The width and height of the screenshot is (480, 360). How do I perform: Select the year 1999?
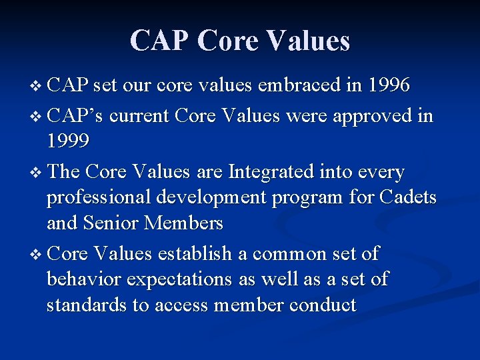pyautogui.click(x=68, y=142)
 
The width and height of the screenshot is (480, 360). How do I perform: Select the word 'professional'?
pyautogui.click(x=102, y=199)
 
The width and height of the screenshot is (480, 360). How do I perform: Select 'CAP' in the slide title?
pyautogui.click(x=160, y=41)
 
